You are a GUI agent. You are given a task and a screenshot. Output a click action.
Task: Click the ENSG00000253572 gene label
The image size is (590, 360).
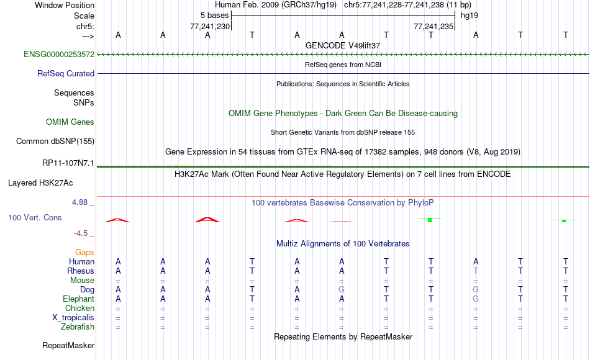[x=59, y=54]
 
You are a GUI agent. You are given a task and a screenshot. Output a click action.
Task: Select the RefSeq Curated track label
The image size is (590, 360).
[x=65, y=73]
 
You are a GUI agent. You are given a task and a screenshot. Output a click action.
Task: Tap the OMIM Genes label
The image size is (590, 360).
[x=70, y=122]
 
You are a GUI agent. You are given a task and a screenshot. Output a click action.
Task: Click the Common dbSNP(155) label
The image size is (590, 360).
[x=55, y=141]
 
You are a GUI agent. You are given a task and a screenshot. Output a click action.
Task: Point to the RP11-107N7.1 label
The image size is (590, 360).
[x=68, y=163]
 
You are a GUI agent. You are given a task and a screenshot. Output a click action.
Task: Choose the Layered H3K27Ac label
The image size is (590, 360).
[x=40, y=183]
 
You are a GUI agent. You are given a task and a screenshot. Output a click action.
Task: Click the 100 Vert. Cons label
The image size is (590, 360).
[x=35, y=217]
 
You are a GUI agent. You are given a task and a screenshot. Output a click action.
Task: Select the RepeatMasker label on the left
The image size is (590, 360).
[x=68, y=345]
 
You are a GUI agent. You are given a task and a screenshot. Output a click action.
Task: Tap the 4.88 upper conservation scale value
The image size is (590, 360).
[x=79, y=202]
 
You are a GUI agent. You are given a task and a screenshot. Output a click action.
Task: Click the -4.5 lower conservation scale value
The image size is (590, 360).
[x=81, y=233]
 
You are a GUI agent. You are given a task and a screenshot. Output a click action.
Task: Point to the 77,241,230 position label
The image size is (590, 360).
[x=209, y=26]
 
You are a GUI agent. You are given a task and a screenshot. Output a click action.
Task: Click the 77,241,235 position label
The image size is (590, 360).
[x=433, y=26]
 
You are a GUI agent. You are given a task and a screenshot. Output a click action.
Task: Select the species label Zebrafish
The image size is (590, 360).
[x=78, y=326]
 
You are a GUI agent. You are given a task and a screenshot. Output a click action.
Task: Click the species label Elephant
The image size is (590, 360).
[x=78, y=299]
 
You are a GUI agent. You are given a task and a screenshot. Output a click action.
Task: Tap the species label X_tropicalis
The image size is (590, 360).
[x=73, y=317]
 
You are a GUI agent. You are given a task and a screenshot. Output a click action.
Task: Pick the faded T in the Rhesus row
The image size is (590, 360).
[x=476, y=271]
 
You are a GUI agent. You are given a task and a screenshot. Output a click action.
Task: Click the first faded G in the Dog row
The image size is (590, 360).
[x=342, y=290]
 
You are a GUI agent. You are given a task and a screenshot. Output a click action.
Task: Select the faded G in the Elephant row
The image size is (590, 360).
[x=476, y=299]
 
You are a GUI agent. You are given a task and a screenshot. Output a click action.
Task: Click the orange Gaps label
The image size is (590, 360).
[x=84, y=252]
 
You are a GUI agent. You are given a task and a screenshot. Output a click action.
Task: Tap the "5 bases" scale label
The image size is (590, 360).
[x=214, y=16]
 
